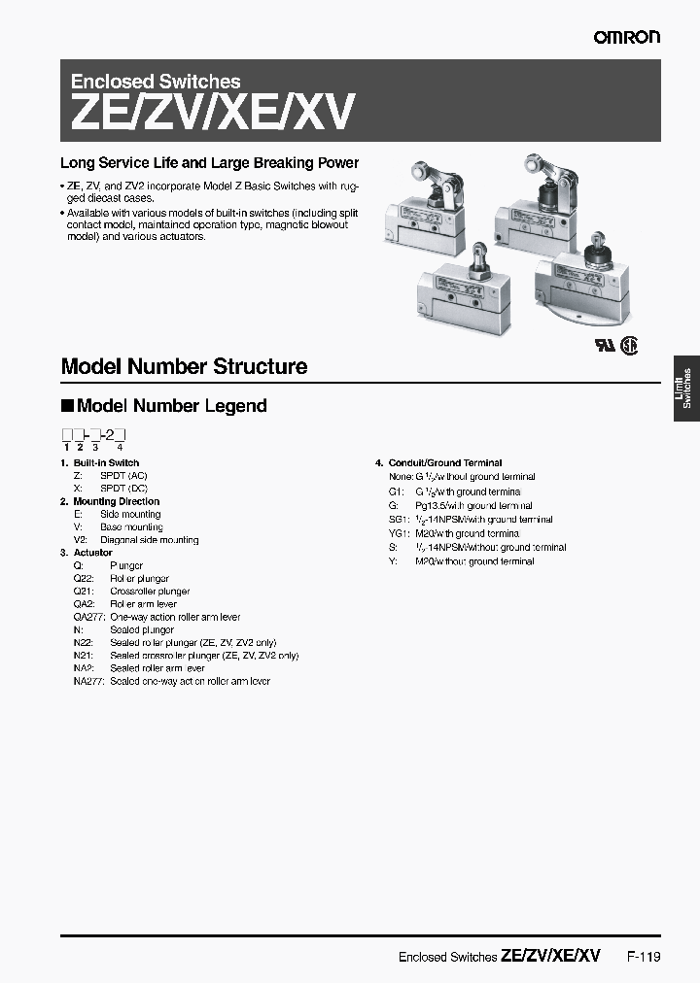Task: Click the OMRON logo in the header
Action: (x=627, y=36)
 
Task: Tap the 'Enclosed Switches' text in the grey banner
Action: (x=156, y=83)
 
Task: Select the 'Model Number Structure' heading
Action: (x=184, y=366)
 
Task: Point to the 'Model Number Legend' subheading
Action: (x=171, y=406)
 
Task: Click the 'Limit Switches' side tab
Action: (x=686, y=386)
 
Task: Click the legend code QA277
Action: (x=88, y=617)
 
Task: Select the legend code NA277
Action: (x=88, y=681)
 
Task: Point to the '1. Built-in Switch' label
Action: (x=100, y=463)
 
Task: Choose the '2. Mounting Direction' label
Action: (x=109, y=501)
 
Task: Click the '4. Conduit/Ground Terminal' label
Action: (x=438, y=463)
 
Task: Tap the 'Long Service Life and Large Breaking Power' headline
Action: (x=209, y=163)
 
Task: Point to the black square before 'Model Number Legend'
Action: (x=67, y=406)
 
